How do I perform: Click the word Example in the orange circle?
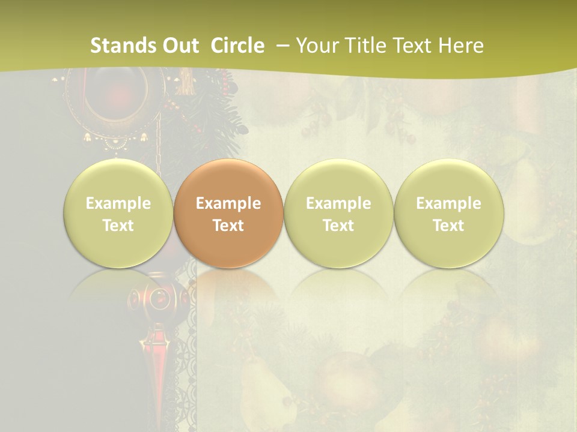228,203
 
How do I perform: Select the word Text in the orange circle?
228,226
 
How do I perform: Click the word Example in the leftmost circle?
118,203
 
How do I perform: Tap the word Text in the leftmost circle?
118,226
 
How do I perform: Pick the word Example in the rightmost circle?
448,203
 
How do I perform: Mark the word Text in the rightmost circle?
448,226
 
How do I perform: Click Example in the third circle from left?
338,203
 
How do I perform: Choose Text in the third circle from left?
338,226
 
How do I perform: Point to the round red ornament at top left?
114,99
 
